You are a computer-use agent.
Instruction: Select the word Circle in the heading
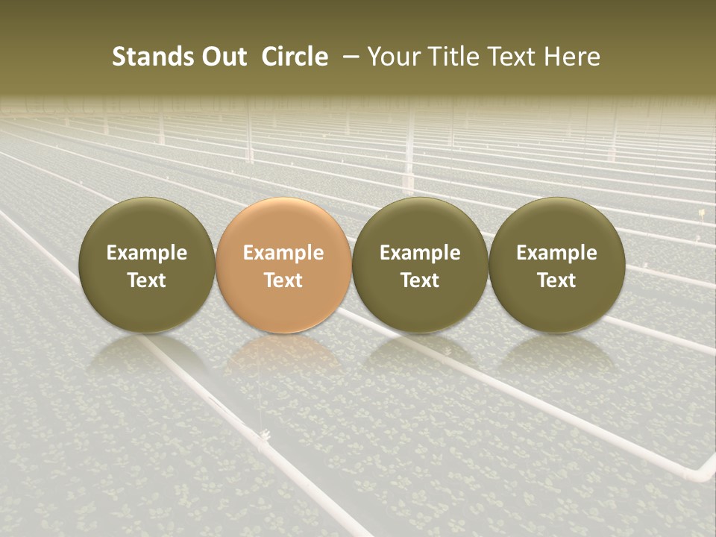tap(295, 57)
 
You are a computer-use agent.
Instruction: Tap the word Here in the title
tap(572, 57)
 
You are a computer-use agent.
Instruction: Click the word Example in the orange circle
tap(283, 253)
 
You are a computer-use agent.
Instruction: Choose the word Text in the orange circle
tap(283, 280)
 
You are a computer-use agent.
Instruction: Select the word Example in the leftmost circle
tap(147, 253)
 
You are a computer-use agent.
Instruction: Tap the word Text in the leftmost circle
tap(147, 280)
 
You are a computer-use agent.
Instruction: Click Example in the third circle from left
tap(420, 253)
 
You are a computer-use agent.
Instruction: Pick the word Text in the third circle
tap(420, 280)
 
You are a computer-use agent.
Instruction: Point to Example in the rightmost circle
tap(556, 253)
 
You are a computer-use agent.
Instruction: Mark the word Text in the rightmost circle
tap(556, 280)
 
